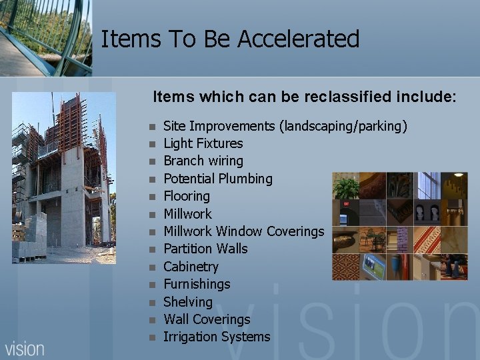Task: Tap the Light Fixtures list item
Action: click(203, 143)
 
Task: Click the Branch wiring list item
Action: click(203, 161)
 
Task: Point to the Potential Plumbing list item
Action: click(217, 179)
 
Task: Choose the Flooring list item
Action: click(186, 196)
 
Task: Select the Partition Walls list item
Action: click(205, 249)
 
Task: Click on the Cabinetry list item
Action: click(191, 267)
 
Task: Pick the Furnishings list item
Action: click(196, 284)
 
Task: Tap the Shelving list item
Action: click(187, 302)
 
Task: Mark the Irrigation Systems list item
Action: click(217, 337)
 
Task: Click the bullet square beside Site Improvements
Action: click(152, 126)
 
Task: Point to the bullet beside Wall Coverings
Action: click(152, 320)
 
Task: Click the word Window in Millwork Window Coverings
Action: click(239, 231)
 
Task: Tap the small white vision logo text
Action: click(25, 349)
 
